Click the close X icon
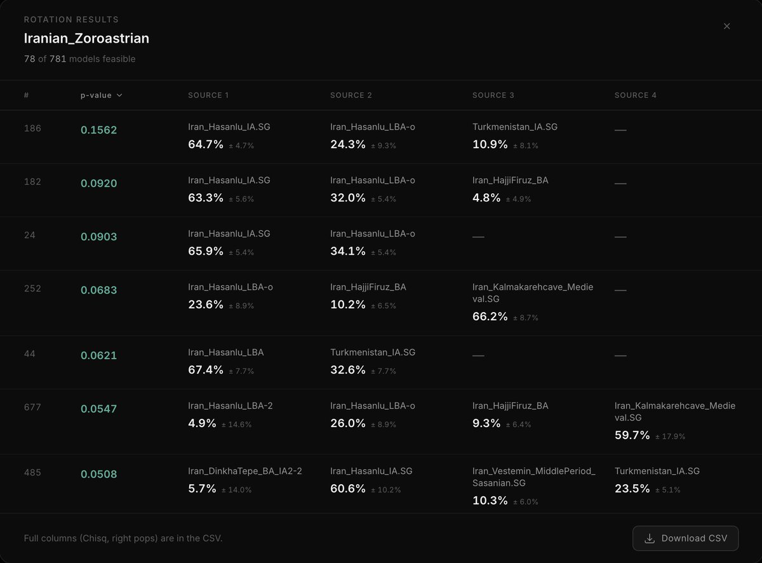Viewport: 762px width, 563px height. coord(726,26)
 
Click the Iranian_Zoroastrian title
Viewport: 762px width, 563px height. coord(86,38)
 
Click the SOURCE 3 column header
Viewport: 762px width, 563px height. coord(493,95)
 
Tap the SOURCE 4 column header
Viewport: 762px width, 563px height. coord(635,95)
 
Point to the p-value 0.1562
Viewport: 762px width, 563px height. coord(98,130)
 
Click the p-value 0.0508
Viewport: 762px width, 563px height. coord(98,474)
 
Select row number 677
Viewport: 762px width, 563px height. coord(32,407)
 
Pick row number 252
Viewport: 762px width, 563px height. coord(32,288)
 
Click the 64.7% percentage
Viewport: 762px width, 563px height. coord(206,144)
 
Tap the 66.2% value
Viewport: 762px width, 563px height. coord(490,316)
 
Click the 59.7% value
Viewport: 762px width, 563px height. coord(632,435)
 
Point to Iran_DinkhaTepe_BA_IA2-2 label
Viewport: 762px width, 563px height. coord(244,471)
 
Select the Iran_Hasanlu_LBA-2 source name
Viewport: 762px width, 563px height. coord(230,406)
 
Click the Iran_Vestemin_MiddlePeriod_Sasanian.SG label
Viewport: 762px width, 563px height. coord(533,477)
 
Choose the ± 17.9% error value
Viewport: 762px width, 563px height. coord(670,437)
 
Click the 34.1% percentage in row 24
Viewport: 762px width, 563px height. coord(348,251)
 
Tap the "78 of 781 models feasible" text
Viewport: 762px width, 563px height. coord(79,59)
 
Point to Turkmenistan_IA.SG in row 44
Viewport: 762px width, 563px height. coord(373,353)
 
